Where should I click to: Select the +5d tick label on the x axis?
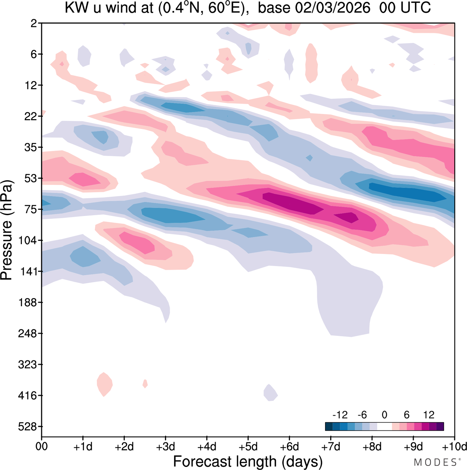pyautogui.click(x=248, y=447)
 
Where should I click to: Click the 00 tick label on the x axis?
pyautogui.click(x=42, y=447)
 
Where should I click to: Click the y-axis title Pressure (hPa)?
pyautogui.click(x=7, y=230)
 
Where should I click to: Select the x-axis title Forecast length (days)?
pyautogui.click(x=248, y=461)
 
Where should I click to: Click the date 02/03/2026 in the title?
pyautogui.click(x=333, y=8)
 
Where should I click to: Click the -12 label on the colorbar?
pyautogui.click(x=340, y=415)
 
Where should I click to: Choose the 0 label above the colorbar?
pyautogui.click(x=384, y=415)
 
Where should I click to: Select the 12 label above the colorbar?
pyautogui.click(x=429, y=415)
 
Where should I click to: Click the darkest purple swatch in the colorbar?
pyautogui.click(x=440, y=426)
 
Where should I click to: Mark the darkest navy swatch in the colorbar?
pyautogui.click(x=329, y=426)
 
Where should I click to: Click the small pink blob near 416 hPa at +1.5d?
pyautogui.click(x=104, y=384)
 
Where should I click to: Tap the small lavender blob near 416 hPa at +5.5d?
pyautogui.click(x=270, y=393)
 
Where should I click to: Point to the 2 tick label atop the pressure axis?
pyautogui.click(x=34, y=23)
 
